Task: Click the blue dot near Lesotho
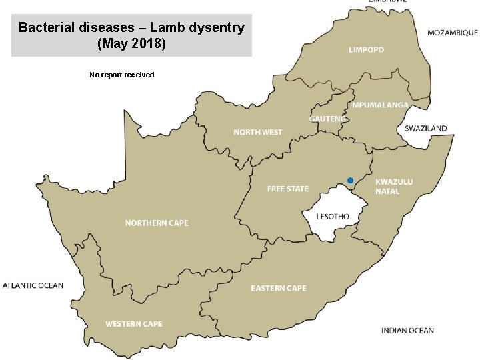point(350,181)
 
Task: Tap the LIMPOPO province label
point(366,50)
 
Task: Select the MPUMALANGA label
point(380,105)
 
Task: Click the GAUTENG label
point(327,119)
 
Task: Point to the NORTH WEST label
point(257,132)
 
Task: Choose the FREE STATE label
point(288,189)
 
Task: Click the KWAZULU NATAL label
point(394,187)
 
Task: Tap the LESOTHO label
point(333,217)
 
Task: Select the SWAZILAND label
point(426,128)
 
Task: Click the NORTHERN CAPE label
point(157,223)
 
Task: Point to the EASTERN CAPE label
point(279,288)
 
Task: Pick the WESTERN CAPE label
point(133,324)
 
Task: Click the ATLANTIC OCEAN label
point(33,285)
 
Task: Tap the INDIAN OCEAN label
point(407,330)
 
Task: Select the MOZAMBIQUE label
point(452,32)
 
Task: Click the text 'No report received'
point(121,75)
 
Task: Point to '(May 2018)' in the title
point(131,44)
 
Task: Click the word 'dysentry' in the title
point(217,28)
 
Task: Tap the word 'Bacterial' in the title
point(43,28)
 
